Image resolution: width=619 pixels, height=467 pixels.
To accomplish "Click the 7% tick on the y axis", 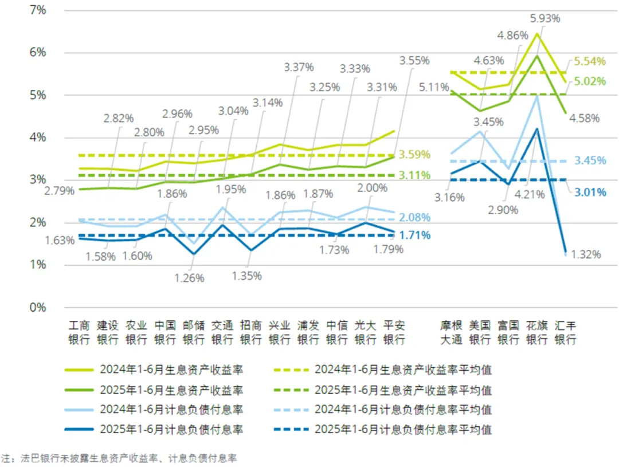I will pyautogui.click(x=38, y=10).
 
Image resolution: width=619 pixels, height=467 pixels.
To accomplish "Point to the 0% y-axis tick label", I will pyautogui.click(x=38, y=307).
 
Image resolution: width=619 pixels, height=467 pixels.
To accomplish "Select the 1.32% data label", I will pyautogui.click(x=585, y=254).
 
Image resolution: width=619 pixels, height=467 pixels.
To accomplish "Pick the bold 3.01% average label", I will pyautogui.click(x=590, y=192).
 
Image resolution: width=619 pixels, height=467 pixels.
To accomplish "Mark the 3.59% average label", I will pyautogui.click(x=415, y=154).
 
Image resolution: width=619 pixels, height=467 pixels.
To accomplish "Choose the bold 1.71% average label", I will pyautogui.click(x=415, y=235).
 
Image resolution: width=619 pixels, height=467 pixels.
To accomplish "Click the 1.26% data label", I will pyautogui.click(x=190, y=278).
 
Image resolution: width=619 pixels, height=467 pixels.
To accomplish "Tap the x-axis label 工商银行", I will pyautogui.click(x=79, y=332).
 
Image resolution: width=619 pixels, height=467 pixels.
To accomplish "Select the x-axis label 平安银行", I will pyautogui.click(x=394, y=332).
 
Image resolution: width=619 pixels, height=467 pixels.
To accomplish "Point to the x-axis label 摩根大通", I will pyautogui.click(x=451, y=332).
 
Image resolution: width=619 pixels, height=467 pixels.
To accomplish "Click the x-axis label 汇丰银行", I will pyautogui.click(x=566, y=332).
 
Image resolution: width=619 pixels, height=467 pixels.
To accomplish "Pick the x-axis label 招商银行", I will pyautogui.click(x=251, y=332).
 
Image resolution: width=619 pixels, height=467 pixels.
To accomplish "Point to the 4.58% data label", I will pyautogui.click(x=584, y=119).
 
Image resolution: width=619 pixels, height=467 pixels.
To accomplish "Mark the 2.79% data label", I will pyautogui.click(x=59, y=191).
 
